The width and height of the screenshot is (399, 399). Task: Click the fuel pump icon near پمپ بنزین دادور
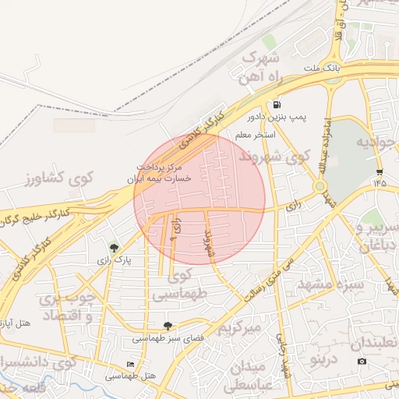point(276,104)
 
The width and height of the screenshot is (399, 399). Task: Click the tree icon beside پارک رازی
point(115,248)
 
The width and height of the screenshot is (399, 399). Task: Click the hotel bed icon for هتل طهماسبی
point(130,365)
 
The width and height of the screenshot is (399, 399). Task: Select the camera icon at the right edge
point(362,362)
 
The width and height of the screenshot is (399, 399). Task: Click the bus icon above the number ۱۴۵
point(380,171)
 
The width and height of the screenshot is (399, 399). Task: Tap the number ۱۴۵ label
point(380,182)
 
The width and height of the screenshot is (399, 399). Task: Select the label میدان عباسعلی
point(252,376)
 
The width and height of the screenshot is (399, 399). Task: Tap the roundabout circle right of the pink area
point(320,187)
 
